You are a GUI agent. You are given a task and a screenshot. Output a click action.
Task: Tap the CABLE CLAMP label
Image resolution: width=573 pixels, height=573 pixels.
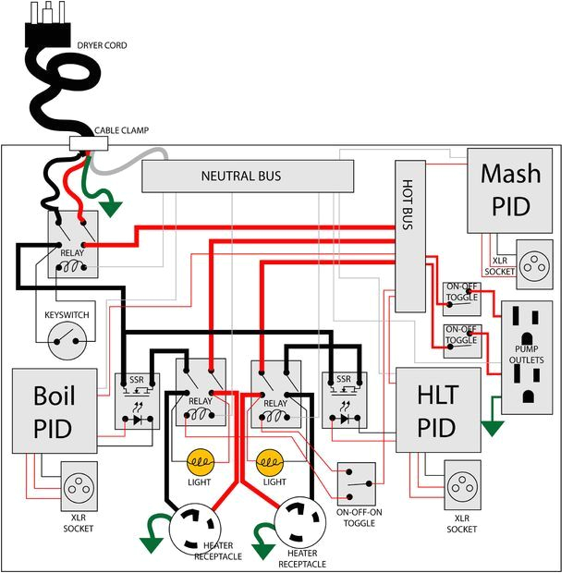pyautogui.click(x=121, y=130)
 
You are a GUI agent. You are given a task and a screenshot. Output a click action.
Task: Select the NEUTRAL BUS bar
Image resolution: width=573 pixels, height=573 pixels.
pyautogui.click(x=247, y=176)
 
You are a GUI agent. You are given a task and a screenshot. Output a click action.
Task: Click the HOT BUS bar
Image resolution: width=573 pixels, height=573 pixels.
pyautogui.click(x=409, y=235)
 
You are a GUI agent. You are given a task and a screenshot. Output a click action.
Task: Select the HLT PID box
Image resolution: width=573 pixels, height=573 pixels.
pyautogui.click(x=438, y=410)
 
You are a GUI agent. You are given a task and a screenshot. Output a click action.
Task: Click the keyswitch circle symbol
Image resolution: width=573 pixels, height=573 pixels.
pyautogui.click(x=65, y=347)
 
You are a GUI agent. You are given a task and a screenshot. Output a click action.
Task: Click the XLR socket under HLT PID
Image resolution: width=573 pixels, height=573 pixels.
pyautogui.click(x=461, y=484)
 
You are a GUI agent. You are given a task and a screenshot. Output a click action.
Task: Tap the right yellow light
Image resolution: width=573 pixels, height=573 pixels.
pyautogui.click(x=270, y=460)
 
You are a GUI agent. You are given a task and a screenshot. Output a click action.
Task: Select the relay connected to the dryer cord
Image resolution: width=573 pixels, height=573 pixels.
pyautogui.click(x=72, y=242)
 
